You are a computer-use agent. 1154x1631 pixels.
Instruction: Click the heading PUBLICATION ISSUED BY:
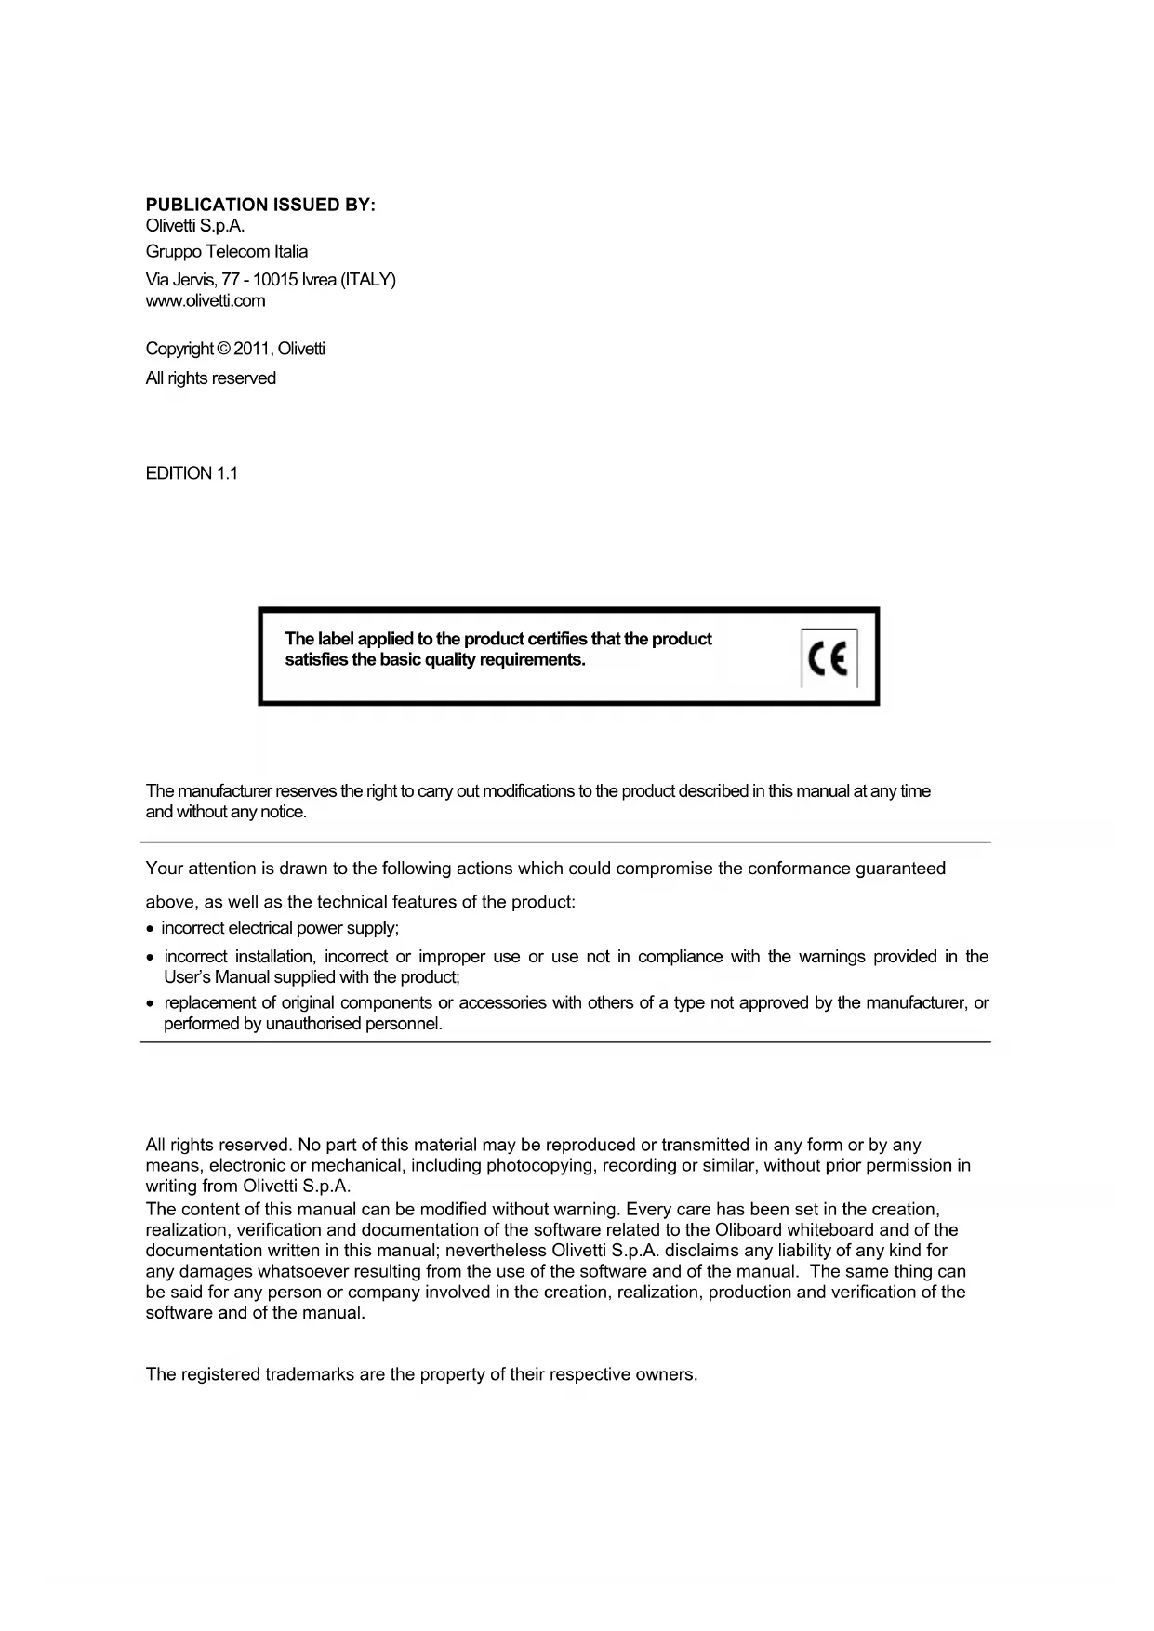point(260,205)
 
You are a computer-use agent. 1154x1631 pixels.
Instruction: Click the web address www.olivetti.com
point(206,300)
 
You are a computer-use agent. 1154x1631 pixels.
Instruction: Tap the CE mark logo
point(829,658)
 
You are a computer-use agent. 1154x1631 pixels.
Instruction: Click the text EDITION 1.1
point(192,473)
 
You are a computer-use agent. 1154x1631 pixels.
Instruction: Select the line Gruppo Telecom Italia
point(227,251)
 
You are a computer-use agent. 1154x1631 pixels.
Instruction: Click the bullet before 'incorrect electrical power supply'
point(151,929)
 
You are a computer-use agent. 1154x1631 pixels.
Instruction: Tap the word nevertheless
point(497,1251)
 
